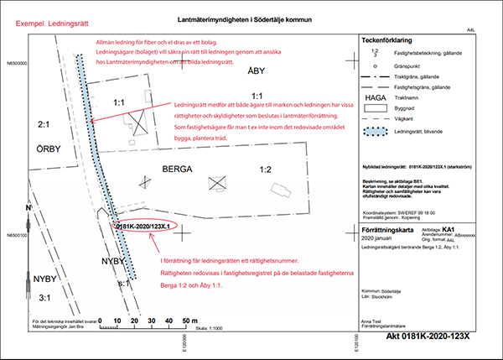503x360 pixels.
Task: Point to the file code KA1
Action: pyautogui.click(x=449, y=227)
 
